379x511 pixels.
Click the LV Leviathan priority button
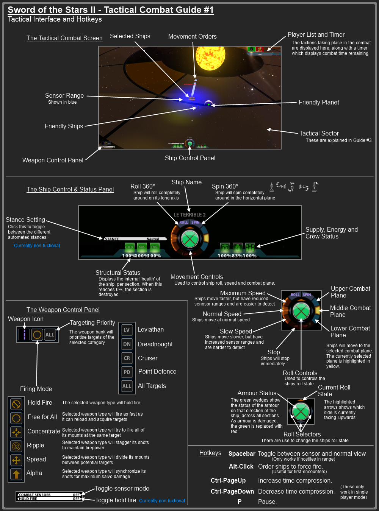pyautogui.click(x=127, y=330)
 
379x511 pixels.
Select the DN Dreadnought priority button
pyautogui.click(x=127, y=344)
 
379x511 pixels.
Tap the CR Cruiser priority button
pyautogui.click(x=127, y=358)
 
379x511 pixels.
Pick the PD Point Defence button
pyautogui.click(x=127, y=372)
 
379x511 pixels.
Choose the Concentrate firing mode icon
pyautogui.click(x=16, y=432)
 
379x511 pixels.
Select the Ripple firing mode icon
pyautogui.click(x=16, y=446)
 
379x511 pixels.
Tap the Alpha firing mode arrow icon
pyautogui.click(x=16, y=474)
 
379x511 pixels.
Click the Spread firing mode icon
pyautogui.click(x=16, y=460)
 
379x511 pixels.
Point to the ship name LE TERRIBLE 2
pyautogui.click(x=189, y=215)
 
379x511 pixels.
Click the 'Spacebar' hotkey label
pyautogui.click(x=242, y=453)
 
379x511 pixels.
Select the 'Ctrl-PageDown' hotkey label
pyautogui.click(x=232, y=491)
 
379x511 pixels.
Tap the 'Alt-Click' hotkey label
pyautogui.click(x=241, y=466)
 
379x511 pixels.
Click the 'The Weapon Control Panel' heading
pyautogui.click(x=63, y=310)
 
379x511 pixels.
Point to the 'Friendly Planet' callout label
pyautogui.click(x=319, y=102)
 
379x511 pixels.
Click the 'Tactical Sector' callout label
pyautogui.click(x=319, y=133)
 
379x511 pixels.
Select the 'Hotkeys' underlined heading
pyautogui.click(x=210, y=453)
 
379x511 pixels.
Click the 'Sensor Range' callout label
pyautogui.click(x=64, y=95)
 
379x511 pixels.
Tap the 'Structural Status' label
pyautogui.click(x=118, y=273)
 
